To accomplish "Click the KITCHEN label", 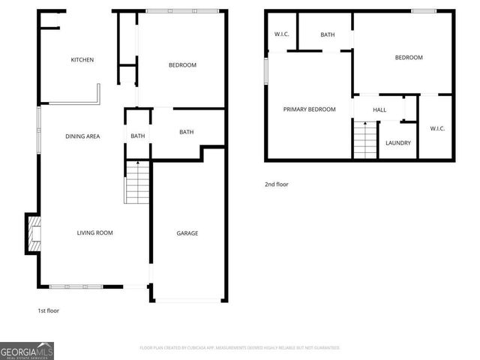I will (x=82, y=60).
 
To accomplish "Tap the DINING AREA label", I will (x=82, y=136).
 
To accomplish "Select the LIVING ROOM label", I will (x=94, y=233).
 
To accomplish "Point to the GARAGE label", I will (x=187, y=233).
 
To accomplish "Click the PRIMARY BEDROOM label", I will (x=309, y=109).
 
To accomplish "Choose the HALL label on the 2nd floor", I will (x=379, y=109).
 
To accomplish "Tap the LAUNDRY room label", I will (x=397, y=142).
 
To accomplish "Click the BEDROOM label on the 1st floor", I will (x=182, y=65).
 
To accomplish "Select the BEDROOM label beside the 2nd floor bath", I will (x=409, y=58).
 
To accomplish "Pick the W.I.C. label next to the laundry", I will (x=437, y=128).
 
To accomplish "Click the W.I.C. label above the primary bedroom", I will (x=282, y=33).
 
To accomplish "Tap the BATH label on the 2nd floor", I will (x=328, y=34).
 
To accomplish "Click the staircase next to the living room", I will (x=137, y=182).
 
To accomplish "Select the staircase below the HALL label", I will (x=365, y=140).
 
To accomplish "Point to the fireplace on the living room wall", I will (x=33, y=233).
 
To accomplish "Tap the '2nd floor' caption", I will (x=277, y=184).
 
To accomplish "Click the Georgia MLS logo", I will (x=27, y=350).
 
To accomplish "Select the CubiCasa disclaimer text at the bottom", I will (x=240, y=348).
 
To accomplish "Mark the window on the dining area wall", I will (x=39, y=130).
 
